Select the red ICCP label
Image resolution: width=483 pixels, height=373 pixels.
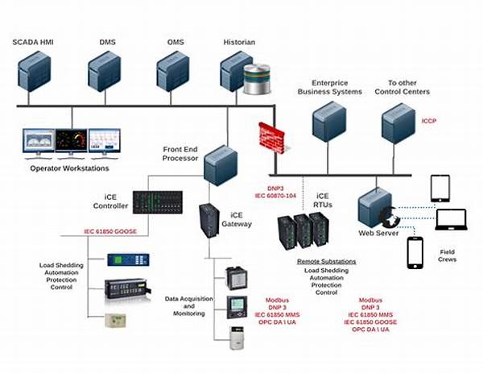click(428, 122)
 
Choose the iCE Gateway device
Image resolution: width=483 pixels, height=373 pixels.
click(210, 222)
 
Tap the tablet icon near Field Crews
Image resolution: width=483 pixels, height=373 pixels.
click(440, 188)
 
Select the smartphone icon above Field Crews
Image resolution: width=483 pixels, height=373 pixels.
click(415, 251)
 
